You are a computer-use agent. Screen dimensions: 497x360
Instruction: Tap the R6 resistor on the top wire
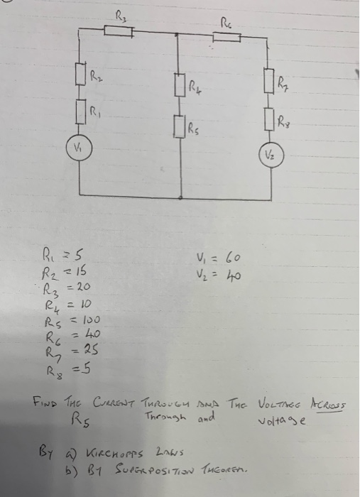click(x=227, y=35)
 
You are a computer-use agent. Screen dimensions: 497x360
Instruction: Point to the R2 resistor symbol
click(x=82, y=73)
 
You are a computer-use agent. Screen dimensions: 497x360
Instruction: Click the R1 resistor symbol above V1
click(x=82, y=111)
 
